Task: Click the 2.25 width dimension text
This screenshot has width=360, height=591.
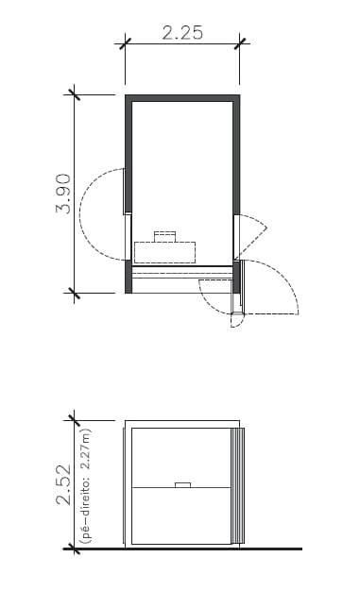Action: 182,32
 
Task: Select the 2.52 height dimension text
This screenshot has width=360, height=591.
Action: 63,484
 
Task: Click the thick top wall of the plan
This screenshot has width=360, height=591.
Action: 182,97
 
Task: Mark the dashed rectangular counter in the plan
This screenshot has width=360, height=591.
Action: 165,252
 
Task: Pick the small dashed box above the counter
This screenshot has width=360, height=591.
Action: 166,235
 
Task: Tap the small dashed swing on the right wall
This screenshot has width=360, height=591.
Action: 251,234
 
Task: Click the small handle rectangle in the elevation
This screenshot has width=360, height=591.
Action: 183,485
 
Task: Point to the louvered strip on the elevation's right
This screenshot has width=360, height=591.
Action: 238,486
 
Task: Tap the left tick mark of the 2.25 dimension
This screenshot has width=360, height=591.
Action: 125,42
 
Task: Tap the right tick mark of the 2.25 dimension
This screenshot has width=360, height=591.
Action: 242,42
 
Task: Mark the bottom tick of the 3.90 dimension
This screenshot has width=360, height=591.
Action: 74,294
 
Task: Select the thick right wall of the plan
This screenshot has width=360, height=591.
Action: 236,156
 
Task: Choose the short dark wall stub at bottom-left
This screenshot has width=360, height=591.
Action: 128,277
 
